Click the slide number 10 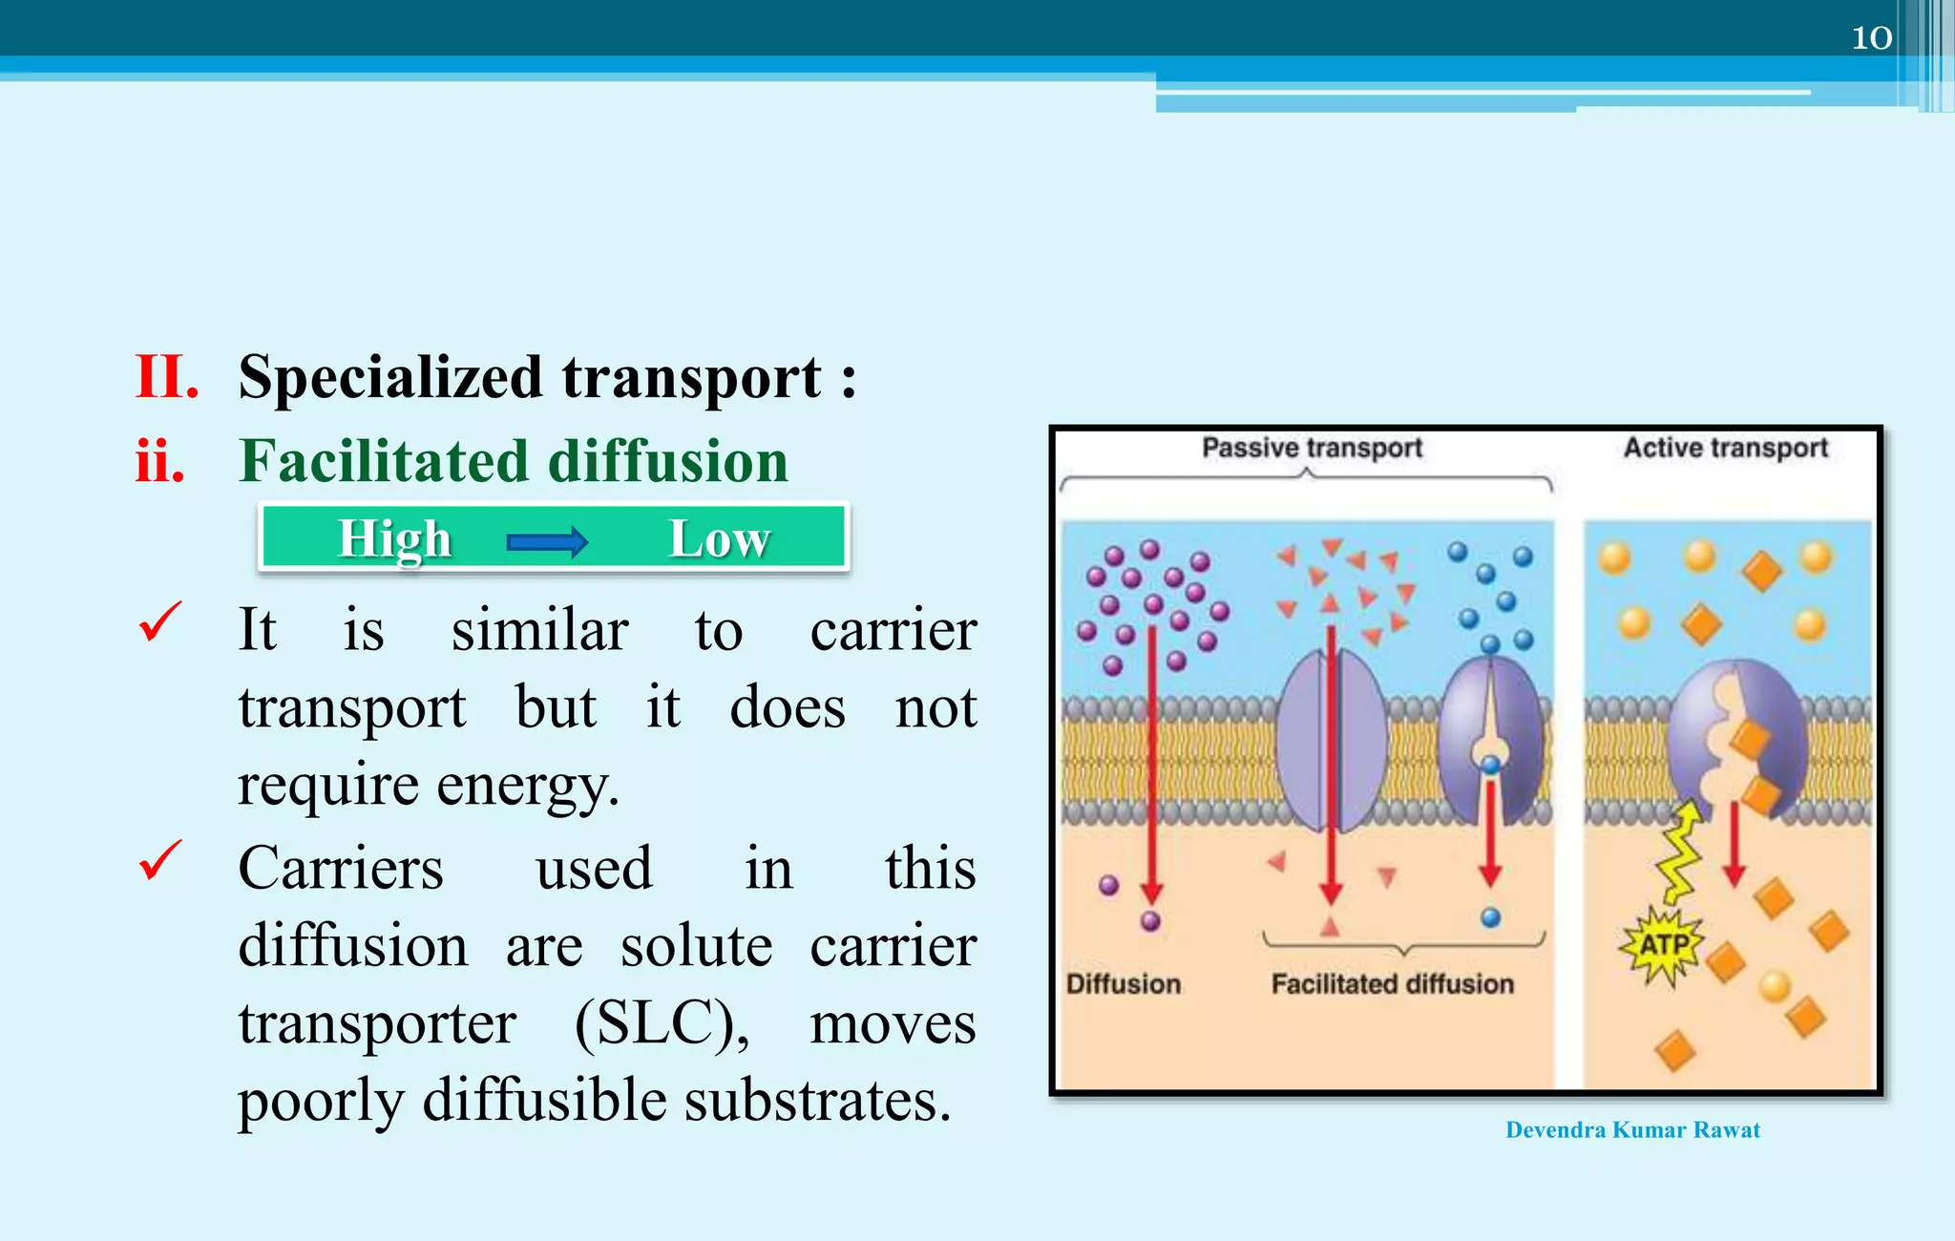point(1871,37)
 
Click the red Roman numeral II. point(167,376)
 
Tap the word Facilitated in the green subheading point(383,461)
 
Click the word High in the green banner point(394,538)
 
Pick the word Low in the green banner point(719,538)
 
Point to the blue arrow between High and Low point(547,541)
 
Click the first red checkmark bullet point(159,622)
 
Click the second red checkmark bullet point(159,860)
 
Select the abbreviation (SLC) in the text point(661,1023)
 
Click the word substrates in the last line point(818,1101)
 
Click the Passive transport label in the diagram point(1312,448)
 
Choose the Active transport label point(1726,448)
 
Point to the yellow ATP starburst point(1663,945)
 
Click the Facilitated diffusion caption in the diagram point(1392,984)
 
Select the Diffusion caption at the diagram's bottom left point(1124,984)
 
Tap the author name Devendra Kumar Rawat point(1632,1130)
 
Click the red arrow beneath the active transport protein point(1734,845)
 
